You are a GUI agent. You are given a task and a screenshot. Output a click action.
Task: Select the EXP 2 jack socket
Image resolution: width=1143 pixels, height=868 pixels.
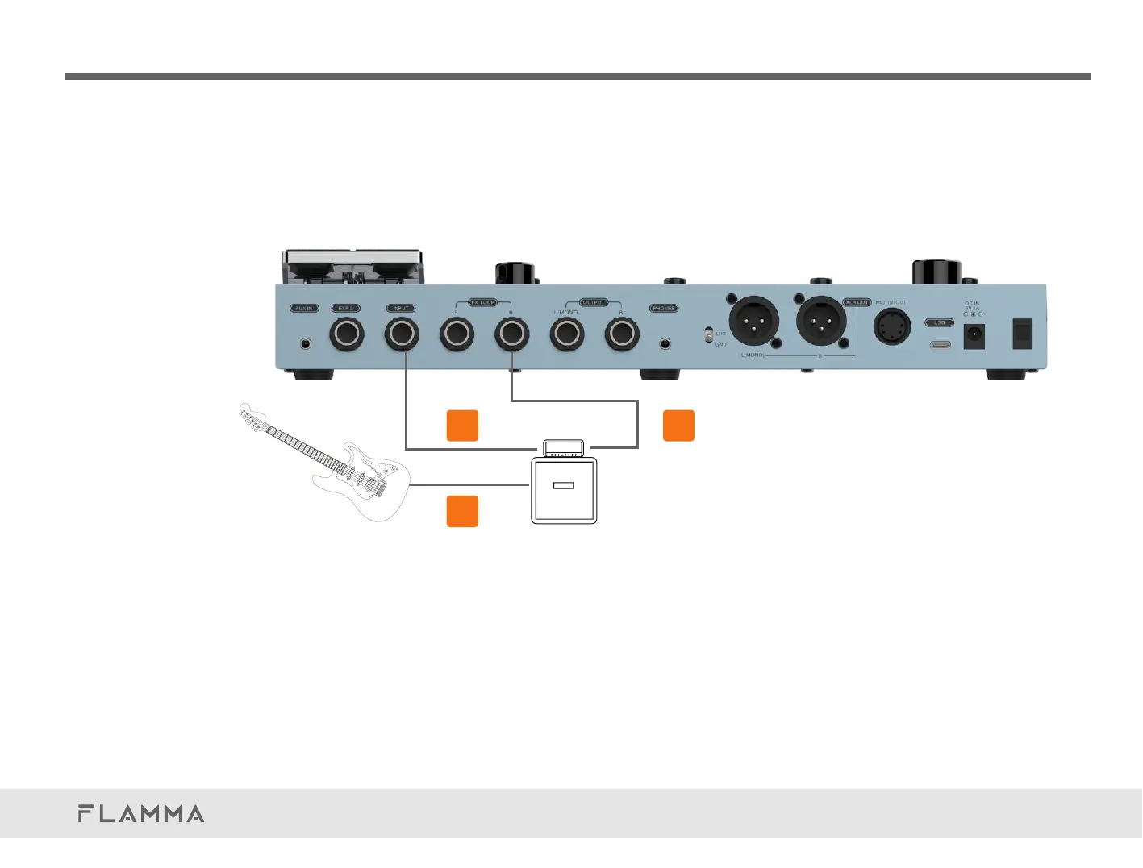pyautogui.click(x=346, y=334)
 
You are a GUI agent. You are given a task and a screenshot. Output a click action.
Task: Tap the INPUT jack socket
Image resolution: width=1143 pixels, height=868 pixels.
pyautogui.click(x=401, y=334)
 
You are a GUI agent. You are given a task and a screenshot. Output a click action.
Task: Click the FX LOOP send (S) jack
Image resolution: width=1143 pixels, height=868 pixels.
pyautogui.click(x=456, y=334)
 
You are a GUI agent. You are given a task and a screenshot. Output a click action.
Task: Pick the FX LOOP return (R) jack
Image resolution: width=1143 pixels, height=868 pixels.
pyautogui.click(x=511, y=334)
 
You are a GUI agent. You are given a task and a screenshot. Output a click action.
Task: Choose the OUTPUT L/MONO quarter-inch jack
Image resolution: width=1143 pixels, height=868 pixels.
pyautogui.click(x=566, y=334)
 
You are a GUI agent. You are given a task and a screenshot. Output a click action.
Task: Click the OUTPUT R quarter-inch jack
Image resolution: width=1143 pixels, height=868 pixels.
pyautogui.click(x=622, y=334)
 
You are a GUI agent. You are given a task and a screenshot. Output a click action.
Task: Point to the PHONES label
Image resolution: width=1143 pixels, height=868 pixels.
pyautogui.click(x=664, y=309)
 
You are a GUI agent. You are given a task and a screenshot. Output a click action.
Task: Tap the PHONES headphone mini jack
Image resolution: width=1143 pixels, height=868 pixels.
pyautogui.click(x=665, y=343)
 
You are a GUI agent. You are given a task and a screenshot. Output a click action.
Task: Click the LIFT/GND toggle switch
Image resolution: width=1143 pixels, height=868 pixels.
pyautogui.click(x=708, y=334)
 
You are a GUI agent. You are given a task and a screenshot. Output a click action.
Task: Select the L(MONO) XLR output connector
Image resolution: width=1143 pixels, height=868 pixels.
pyautogui.click(x=753, y=321)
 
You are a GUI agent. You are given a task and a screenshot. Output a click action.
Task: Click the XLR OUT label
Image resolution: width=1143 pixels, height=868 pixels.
pyautogui.click(x=857, y=302)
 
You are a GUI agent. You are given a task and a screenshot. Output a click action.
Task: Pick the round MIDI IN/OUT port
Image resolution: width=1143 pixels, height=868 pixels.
pyautogui.click(x=893, y=327)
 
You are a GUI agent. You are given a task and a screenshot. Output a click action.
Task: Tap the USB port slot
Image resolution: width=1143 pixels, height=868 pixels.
pyautogui.click(x=939, y=345)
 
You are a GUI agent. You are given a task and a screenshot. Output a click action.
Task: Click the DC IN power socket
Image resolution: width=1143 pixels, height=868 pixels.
pyautogui.click(x=974, y=335)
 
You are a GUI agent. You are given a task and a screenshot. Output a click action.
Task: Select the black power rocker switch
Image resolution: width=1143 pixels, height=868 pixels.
pyautogui.click(x=1022, y=334)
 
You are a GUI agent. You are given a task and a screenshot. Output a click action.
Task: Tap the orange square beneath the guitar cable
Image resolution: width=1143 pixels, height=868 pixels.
pyautogui.click(x=462, y=511)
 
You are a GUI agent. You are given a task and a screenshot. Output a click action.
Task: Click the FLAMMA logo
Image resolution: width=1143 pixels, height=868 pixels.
pyautogui.click(x=141, y=814)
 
